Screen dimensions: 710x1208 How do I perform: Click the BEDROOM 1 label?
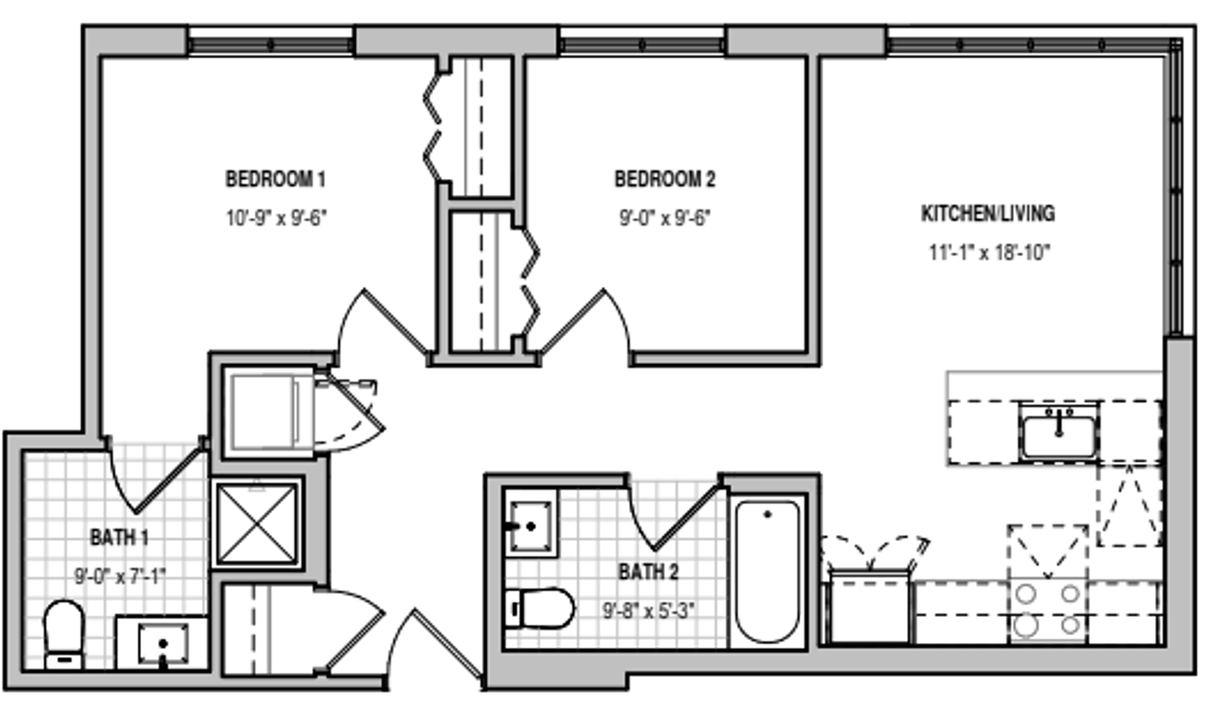(x=275, y=179)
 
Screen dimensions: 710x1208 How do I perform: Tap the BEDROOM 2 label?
(x=664, y=179)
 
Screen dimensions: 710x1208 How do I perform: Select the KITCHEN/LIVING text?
(x=988, y=214)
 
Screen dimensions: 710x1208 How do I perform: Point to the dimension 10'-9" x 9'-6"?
(x=276, y=218)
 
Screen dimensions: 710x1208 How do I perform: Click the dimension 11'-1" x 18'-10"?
(x=989, y=252)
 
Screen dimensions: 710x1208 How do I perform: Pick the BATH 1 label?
(x=119, y=538)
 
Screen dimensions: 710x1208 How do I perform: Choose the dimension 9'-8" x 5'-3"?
(x=649, y=611)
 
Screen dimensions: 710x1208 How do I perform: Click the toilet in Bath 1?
(x=64, y=633)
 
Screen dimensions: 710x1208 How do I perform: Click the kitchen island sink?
(x=1058, y=434)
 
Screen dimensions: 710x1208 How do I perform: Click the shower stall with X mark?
(x=257, y=523)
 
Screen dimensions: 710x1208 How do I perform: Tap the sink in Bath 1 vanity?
(x=163, y=644)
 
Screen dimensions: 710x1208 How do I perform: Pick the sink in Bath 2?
(x=530, y=525)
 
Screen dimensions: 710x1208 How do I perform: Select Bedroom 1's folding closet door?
(x=432, y=128)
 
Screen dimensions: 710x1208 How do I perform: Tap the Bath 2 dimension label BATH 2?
(x=648, y=572)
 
